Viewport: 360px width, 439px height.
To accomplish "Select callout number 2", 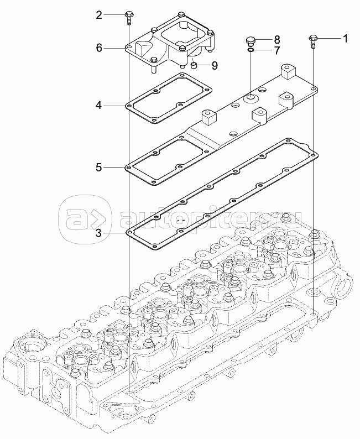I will [x=99, y=15].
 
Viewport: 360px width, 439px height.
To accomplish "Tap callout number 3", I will [x=98, y=233].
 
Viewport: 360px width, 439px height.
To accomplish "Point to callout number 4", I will [x=98, y=104].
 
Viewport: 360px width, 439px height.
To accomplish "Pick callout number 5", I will [x=98, y=166].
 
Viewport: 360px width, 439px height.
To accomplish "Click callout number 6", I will [x=99, y=48].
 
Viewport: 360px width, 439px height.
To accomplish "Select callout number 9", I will [x=214, y=65].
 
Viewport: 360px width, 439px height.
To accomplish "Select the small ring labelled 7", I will [x=251, y=50].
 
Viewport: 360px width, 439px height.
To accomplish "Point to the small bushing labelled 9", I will [x=195, y=66].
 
